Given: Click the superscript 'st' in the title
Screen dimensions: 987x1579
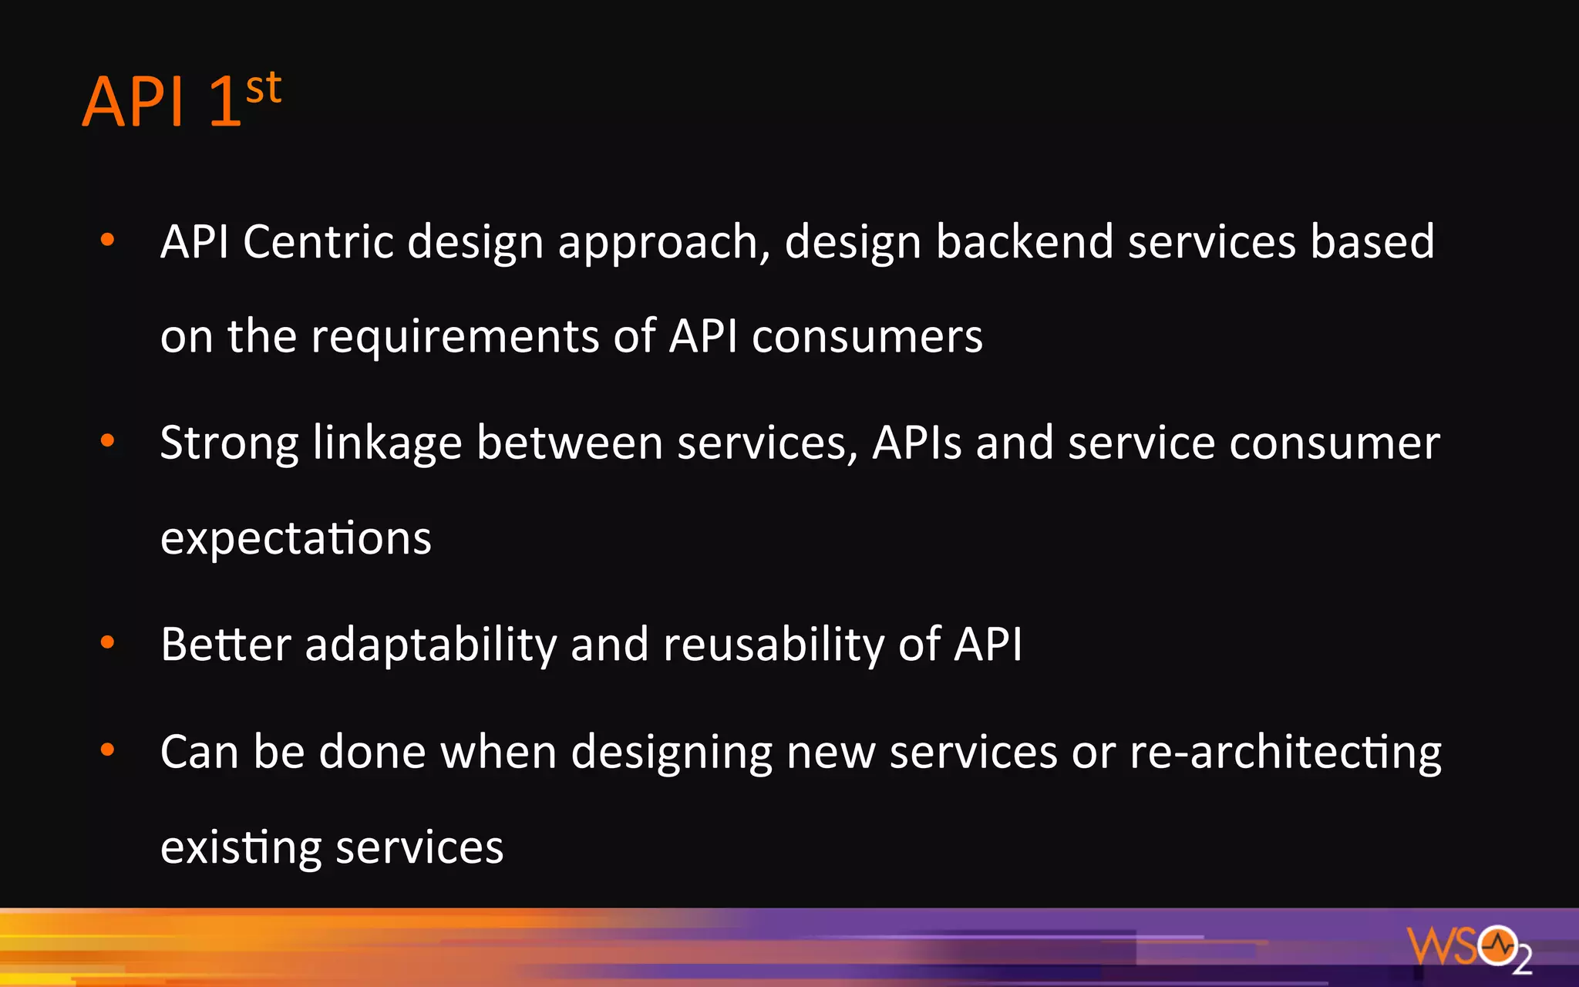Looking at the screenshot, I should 264,88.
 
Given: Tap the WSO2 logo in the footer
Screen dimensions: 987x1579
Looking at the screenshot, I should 1468,947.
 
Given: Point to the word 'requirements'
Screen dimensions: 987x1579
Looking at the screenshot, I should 455,337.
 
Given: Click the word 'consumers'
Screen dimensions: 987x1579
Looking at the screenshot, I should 867,337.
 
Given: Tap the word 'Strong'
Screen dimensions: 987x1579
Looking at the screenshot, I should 229,444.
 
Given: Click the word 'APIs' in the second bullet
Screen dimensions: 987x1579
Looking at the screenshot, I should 917,443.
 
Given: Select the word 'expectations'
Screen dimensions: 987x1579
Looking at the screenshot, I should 295,538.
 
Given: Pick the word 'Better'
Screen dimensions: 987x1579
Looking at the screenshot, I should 226,645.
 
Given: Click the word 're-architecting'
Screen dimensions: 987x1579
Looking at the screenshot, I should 1285,753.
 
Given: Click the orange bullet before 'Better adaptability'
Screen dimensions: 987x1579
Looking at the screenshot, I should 108,642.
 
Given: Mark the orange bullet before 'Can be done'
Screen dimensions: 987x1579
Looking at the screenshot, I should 108,749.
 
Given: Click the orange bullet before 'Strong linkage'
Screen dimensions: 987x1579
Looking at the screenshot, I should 108,440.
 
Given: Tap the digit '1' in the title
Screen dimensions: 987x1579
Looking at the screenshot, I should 225,101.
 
